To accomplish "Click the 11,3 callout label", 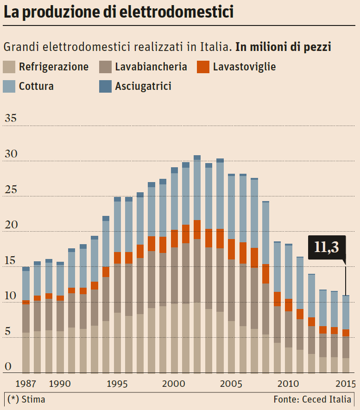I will pos(327,247).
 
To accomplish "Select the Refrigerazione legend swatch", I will pos(9,67).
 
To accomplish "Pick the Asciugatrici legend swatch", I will pos(106,86).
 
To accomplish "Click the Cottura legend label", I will pos(36,86).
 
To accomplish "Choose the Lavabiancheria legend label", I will pos(151,67).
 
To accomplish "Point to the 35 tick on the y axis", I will pos(11,119).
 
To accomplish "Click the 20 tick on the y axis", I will pos(11,225).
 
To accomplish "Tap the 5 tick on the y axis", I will pos(7,332).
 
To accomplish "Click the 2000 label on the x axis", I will pos(174,384).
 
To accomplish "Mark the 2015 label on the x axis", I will pos(345,384).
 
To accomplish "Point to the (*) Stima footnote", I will pos(26,399).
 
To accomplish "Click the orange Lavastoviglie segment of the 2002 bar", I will pos(197,229).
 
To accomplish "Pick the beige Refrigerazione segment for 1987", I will pos(26,353).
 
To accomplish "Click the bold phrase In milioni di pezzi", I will pos(283,47).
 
